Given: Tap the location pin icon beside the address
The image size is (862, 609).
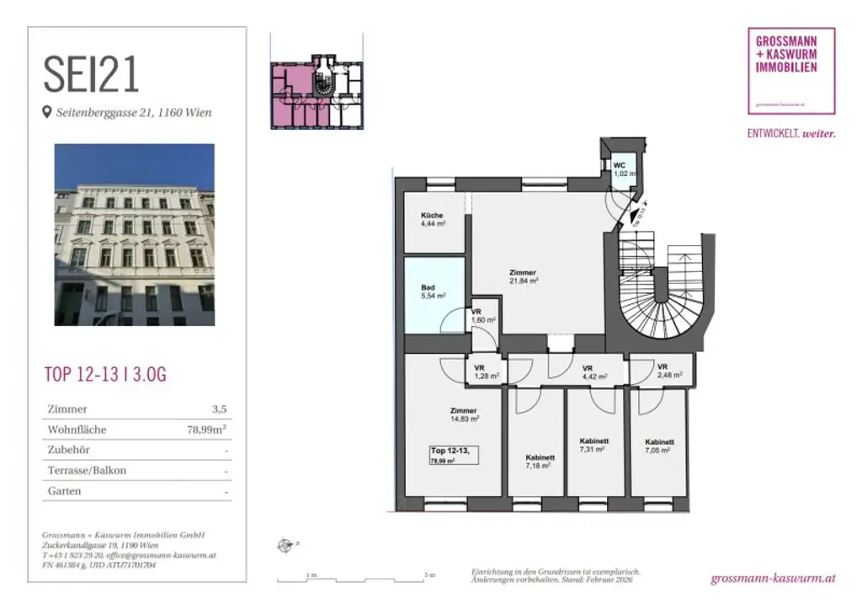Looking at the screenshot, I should [47, 112].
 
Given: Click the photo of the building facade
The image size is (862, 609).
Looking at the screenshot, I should [135, 234].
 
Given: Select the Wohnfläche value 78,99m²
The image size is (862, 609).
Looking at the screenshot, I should [207, 430].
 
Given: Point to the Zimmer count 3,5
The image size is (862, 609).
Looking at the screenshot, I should [219, 409].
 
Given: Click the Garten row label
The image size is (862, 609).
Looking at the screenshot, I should [65, 491].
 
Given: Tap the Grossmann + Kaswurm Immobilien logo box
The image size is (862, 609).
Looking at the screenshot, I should [791, 71].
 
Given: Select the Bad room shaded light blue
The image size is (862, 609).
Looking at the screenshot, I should [434, 291].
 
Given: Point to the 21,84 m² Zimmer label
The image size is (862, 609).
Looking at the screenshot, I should [523, 276].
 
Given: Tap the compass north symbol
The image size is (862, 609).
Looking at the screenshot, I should [284, 545].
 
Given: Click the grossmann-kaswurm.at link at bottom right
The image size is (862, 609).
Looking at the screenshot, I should [773, 579].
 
